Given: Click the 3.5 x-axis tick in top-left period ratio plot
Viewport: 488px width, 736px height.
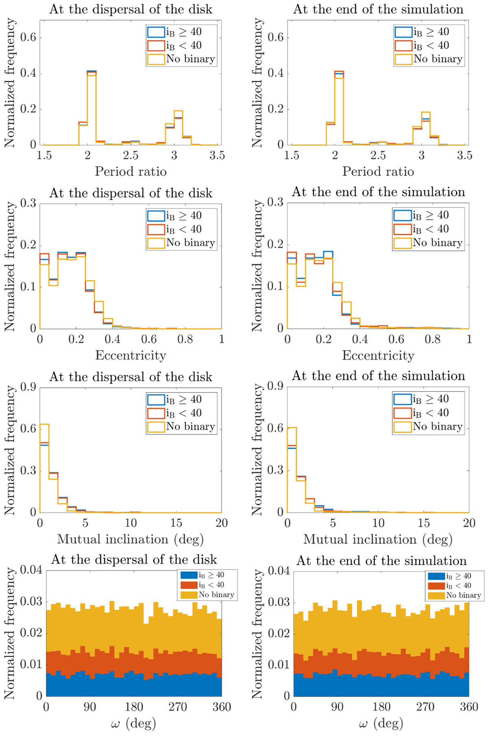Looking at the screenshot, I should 217,155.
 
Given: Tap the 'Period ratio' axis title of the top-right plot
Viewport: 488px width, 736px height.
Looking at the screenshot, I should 378,172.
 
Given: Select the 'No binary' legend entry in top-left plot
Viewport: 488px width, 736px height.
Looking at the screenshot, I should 190,59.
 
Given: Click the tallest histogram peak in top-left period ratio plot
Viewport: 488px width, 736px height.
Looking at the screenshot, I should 91,72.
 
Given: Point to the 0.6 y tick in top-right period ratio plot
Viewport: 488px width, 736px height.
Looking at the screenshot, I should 275,37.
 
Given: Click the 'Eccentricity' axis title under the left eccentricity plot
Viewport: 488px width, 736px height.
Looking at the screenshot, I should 131,356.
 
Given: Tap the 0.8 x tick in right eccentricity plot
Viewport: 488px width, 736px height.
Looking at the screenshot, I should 432,339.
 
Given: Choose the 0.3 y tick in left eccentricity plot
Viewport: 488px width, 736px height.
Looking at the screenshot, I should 28,203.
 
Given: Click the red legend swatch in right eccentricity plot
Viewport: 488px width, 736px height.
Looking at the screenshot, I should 402,229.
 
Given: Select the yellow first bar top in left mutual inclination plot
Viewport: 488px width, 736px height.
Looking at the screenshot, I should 44,424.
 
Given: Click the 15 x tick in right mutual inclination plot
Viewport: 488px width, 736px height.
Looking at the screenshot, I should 424,523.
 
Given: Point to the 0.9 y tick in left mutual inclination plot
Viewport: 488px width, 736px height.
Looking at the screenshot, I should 28,387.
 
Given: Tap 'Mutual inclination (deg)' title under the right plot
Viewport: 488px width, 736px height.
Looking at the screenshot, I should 378,539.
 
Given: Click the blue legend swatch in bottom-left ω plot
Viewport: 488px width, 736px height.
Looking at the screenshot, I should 189,575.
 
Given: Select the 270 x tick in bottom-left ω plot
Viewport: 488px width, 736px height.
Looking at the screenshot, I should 178,707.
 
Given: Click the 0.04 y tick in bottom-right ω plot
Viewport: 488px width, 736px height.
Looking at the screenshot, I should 278,571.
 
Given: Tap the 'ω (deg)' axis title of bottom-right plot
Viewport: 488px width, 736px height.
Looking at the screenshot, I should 381,723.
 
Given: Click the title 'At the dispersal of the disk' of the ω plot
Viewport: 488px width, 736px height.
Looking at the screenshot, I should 134,560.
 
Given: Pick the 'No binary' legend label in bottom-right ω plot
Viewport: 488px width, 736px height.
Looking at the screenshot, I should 463,595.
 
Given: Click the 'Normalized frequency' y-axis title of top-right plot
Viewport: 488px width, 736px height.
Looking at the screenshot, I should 257,83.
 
